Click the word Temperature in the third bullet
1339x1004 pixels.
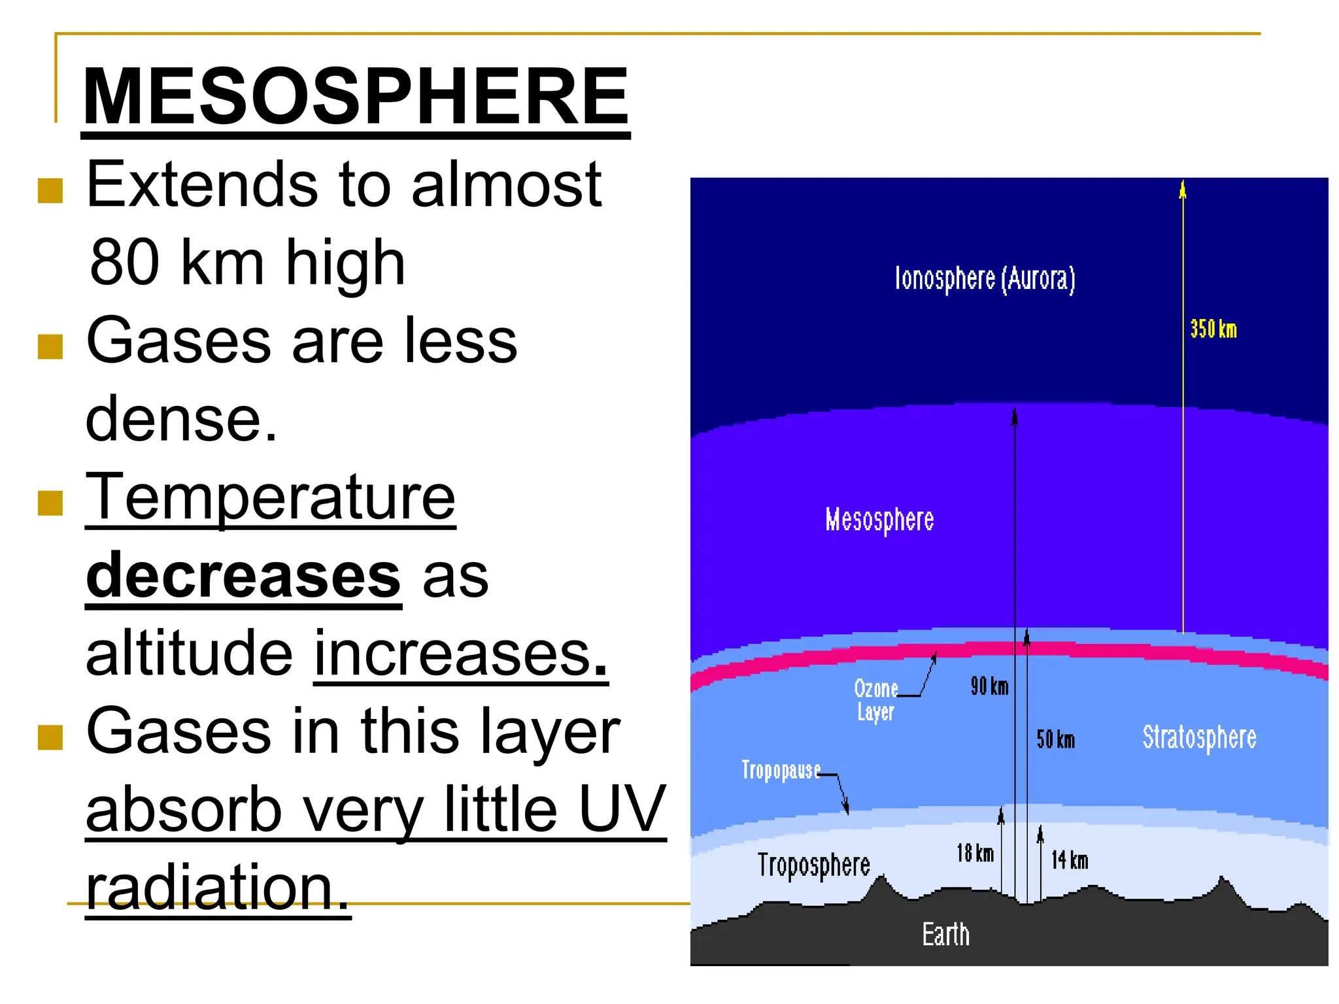pos(270,498)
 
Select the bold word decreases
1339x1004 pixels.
pos(243,576)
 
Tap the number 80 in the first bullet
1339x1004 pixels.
pos(124,262)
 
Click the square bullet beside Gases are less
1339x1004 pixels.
pos(50,347)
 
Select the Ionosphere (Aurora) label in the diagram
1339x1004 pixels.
pos(985,278)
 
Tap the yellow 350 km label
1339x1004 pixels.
pos(1213,329)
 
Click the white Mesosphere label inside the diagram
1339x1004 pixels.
pos(879,520)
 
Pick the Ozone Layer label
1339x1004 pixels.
pos(876,700)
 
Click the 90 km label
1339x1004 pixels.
pos(989,686)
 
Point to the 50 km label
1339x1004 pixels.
pos(1055,739)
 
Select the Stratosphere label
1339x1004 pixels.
pos(1199,737)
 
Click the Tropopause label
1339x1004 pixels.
pos(781,770)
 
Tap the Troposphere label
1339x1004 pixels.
pos(813,865)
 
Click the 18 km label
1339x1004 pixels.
pos(975,853)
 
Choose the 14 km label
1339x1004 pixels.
pos(1070,860)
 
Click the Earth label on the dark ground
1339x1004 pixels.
pos(945,934)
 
